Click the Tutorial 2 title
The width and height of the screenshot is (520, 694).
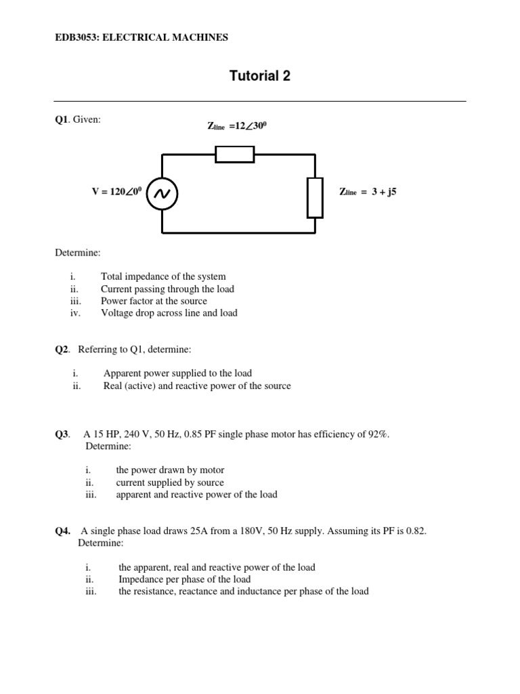point(260,76)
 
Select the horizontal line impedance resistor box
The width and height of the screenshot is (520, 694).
point(234,155)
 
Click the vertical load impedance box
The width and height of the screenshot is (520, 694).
point(315,197)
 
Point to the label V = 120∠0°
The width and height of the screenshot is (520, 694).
point(116,192)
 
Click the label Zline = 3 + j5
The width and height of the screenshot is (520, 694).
point(368,192)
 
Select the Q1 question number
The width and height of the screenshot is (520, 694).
point(62,119)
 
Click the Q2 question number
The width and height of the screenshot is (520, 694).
point(62,349)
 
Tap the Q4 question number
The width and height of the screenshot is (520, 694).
point(62,531)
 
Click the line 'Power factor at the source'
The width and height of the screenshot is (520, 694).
point(154,301)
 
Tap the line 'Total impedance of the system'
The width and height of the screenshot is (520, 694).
point(163,277)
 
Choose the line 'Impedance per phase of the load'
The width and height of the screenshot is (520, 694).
point(184,579)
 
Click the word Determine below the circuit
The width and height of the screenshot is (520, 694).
point(77,252)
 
